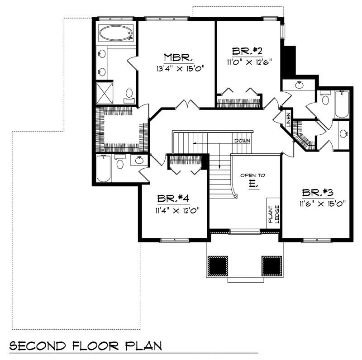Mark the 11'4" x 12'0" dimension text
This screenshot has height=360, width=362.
[x=174, y=210]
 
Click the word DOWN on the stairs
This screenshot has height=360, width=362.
[x=242, y=141]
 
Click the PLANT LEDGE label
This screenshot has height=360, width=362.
[x=272, y=213]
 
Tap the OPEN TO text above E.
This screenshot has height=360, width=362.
[x=252, y=175]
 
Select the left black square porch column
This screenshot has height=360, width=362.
[x=217, y=265]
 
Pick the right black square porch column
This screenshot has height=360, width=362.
[x=271, y=265]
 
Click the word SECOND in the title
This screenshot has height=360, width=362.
[x=38, y=346]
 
